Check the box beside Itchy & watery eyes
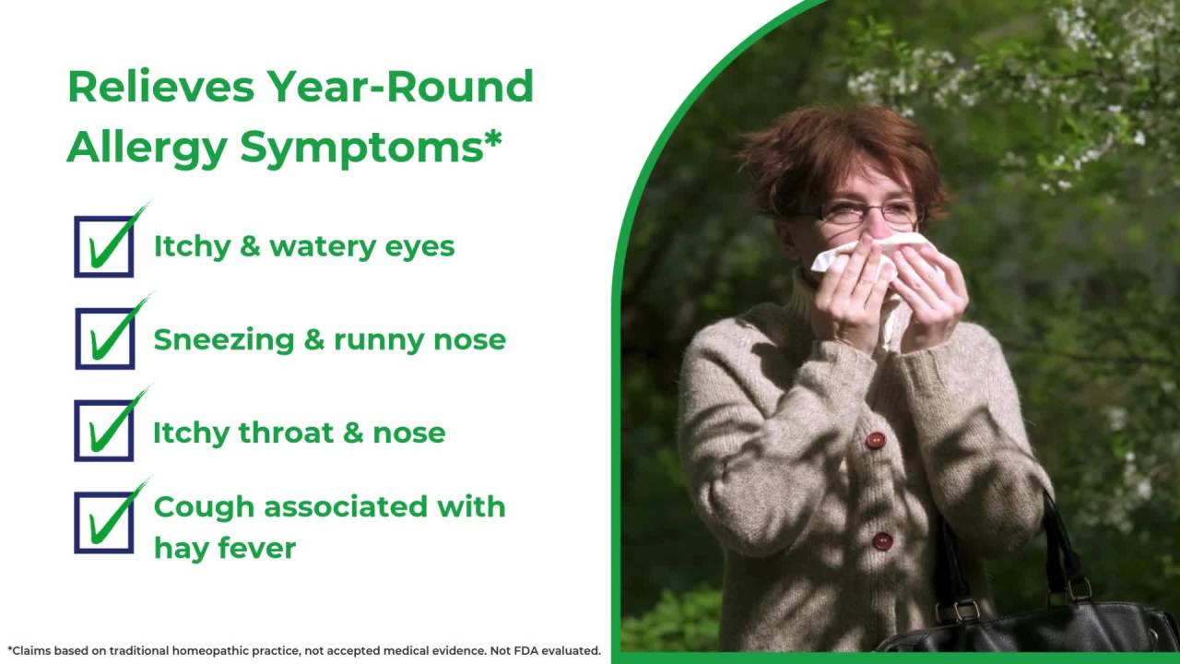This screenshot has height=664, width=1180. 104,246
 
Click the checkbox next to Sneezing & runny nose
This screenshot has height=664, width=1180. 104,338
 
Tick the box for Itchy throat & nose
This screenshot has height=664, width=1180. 104,431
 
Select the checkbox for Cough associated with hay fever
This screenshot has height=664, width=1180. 104,522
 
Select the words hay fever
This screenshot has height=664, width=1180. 224,548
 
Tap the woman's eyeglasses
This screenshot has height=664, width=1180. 871,213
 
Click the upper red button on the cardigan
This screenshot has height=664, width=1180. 876,440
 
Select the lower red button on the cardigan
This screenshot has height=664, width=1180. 882,540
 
